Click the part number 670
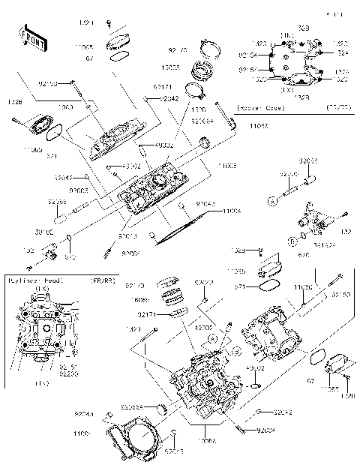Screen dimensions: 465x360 click(x=303, y=253)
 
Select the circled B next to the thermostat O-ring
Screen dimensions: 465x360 click(x=292, y=240)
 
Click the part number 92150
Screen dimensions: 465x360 click(x=341, y=295)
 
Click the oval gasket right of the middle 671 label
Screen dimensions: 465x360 click(x=270, y=286)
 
